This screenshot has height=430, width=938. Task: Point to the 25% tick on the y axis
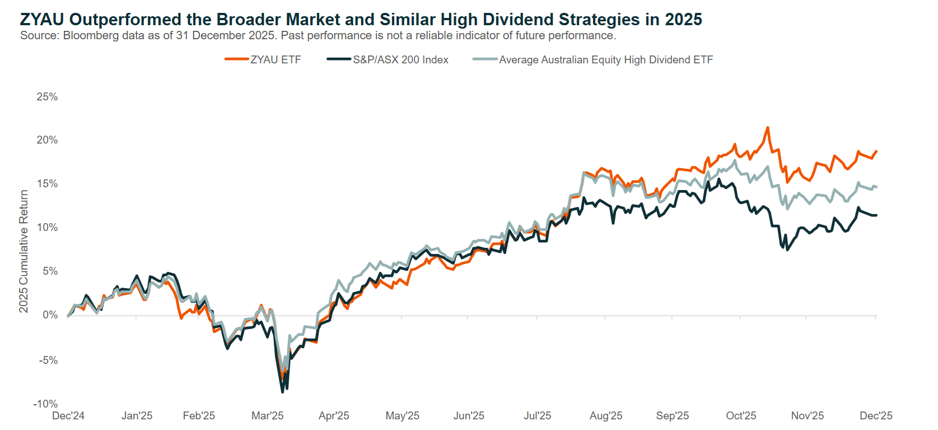click(47, 97)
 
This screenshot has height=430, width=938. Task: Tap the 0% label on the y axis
click(50, 315)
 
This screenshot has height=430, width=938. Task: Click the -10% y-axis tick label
click(45, 404)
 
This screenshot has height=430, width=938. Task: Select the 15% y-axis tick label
click(47, 184)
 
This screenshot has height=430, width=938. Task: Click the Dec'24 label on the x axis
click(68, 416)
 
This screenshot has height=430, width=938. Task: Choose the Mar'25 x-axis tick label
click(267, 416)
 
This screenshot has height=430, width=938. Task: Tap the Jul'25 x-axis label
click(537, 416)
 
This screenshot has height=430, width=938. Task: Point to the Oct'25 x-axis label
click(741, 416)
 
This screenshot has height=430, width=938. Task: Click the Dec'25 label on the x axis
click(876, 416)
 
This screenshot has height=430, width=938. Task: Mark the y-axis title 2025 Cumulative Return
click(24, 251)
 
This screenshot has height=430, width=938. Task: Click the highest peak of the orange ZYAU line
click(767, 128)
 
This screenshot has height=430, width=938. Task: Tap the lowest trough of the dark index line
click(283, 391)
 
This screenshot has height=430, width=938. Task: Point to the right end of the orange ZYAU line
click(876, 151)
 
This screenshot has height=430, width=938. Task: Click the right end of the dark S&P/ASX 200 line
click(876, 215)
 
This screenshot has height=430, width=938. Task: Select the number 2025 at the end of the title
click(683, 20)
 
